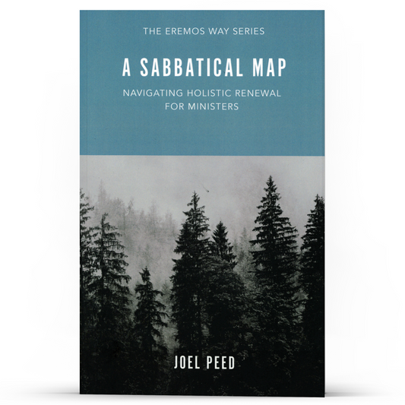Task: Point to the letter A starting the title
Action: coord(126,68)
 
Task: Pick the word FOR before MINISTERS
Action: coord(176,107)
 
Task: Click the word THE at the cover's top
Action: coord(153,32)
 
